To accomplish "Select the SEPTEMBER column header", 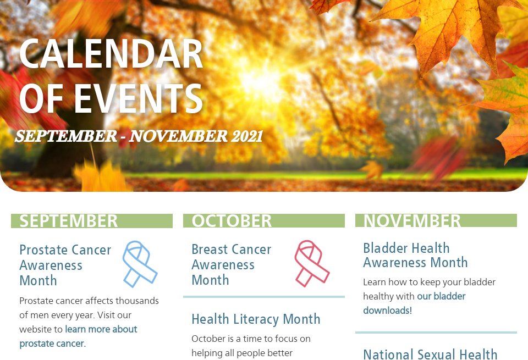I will pos(69,221).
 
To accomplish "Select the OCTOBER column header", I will pos(232,221).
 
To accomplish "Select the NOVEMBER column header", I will pos(412,221).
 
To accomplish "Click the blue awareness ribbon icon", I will pos(139,263).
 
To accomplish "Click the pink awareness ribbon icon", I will pos(311,263).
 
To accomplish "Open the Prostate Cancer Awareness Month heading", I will pos(65,265).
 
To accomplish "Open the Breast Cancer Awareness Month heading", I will pos(231,264).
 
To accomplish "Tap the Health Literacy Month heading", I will pos(256,319).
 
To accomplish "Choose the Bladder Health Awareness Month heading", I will pos(415,255).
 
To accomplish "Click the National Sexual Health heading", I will pos(430,354).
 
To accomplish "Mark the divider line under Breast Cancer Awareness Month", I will pos(263,297).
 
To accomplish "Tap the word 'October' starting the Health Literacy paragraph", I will pos(208,338).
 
